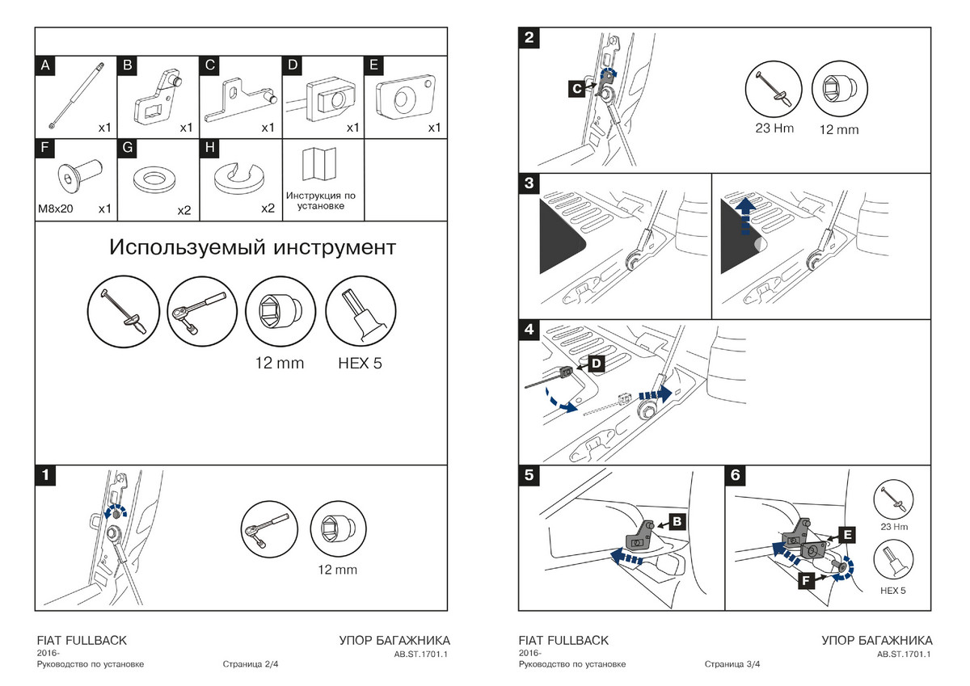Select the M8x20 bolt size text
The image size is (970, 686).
click(55, 209)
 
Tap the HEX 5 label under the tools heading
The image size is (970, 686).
click(360, 363)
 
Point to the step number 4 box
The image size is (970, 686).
click(529, 330)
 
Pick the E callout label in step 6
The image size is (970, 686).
click(847, 534)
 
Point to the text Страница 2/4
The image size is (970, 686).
click(251, 665)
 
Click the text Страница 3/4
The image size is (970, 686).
click(732, 665)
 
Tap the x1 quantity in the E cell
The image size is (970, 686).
click(435, 128)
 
